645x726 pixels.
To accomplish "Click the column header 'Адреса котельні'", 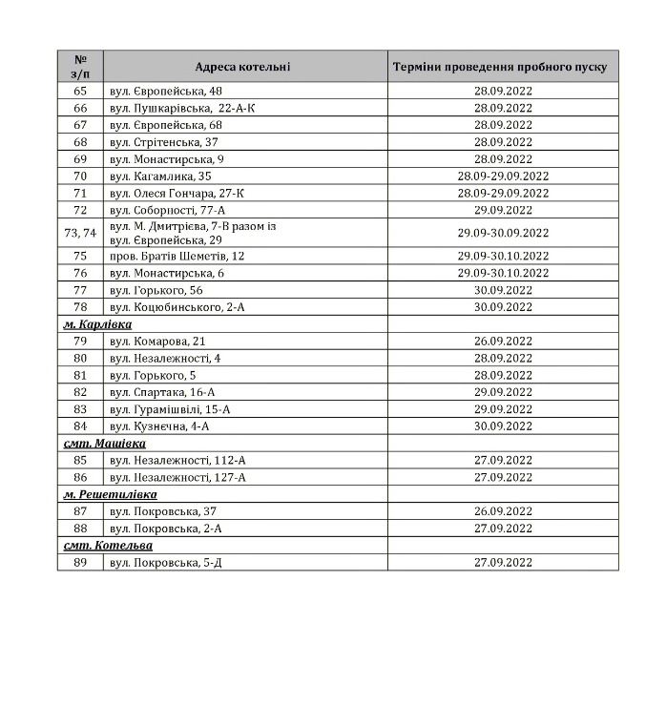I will click(243, 67).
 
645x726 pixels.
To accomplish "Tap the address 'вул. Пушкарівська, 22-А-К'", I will click(181, 108).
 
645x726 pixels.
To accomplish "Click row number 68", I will click(80, 142).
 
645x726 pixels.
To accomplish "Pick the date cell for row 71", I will click(503, 193).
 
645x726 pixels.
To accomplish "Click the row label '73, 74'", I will click(80, 233).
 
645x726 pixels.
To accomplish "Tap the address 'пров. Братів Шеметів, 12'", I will click(177, 256).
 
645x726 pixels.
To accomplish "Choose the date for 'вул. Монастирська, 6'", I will click(503, 273).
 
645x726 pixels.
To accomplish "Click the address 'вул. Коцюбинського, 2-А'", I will click(173, 307).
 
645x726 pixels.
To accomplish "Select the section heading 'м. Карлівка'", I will click(97, 324).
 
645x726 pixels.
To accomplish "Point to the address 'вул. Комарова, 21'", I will click(157, 341).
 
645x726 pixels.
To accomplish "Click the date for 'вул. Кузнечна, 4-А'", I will click(503, 426).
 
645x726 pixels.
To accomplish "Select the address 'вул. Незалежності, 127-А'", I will click(177, 477).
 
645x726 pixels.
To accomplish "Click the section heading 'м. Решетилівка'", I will click(110, 494).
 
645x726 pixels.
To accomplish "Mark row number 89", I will click(80, 563).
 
